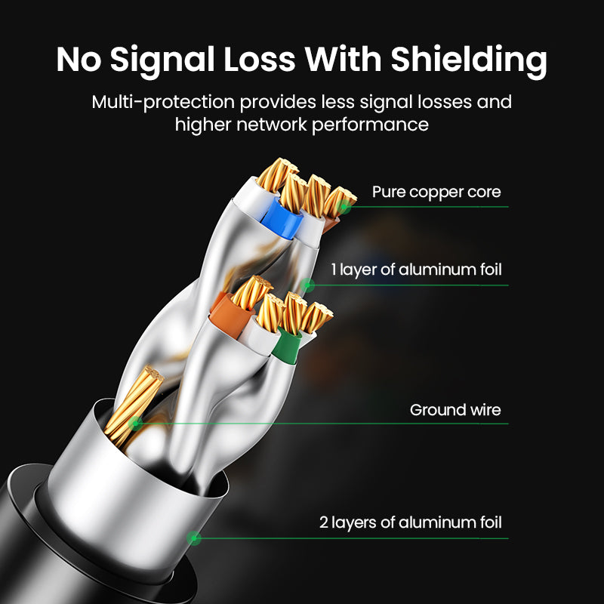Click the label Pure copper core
coord(436,192)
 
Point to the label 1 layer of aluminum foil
coord(415,270)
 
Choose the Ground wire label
coord(455,410)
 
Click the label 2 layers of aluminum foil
coord(410,522)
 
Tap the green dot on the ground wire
coord(135,423)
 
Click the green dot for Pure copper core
coord(344,205)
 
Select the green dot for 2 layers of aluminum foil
coord(194,538)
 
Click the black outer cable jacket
coord(30,528)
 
